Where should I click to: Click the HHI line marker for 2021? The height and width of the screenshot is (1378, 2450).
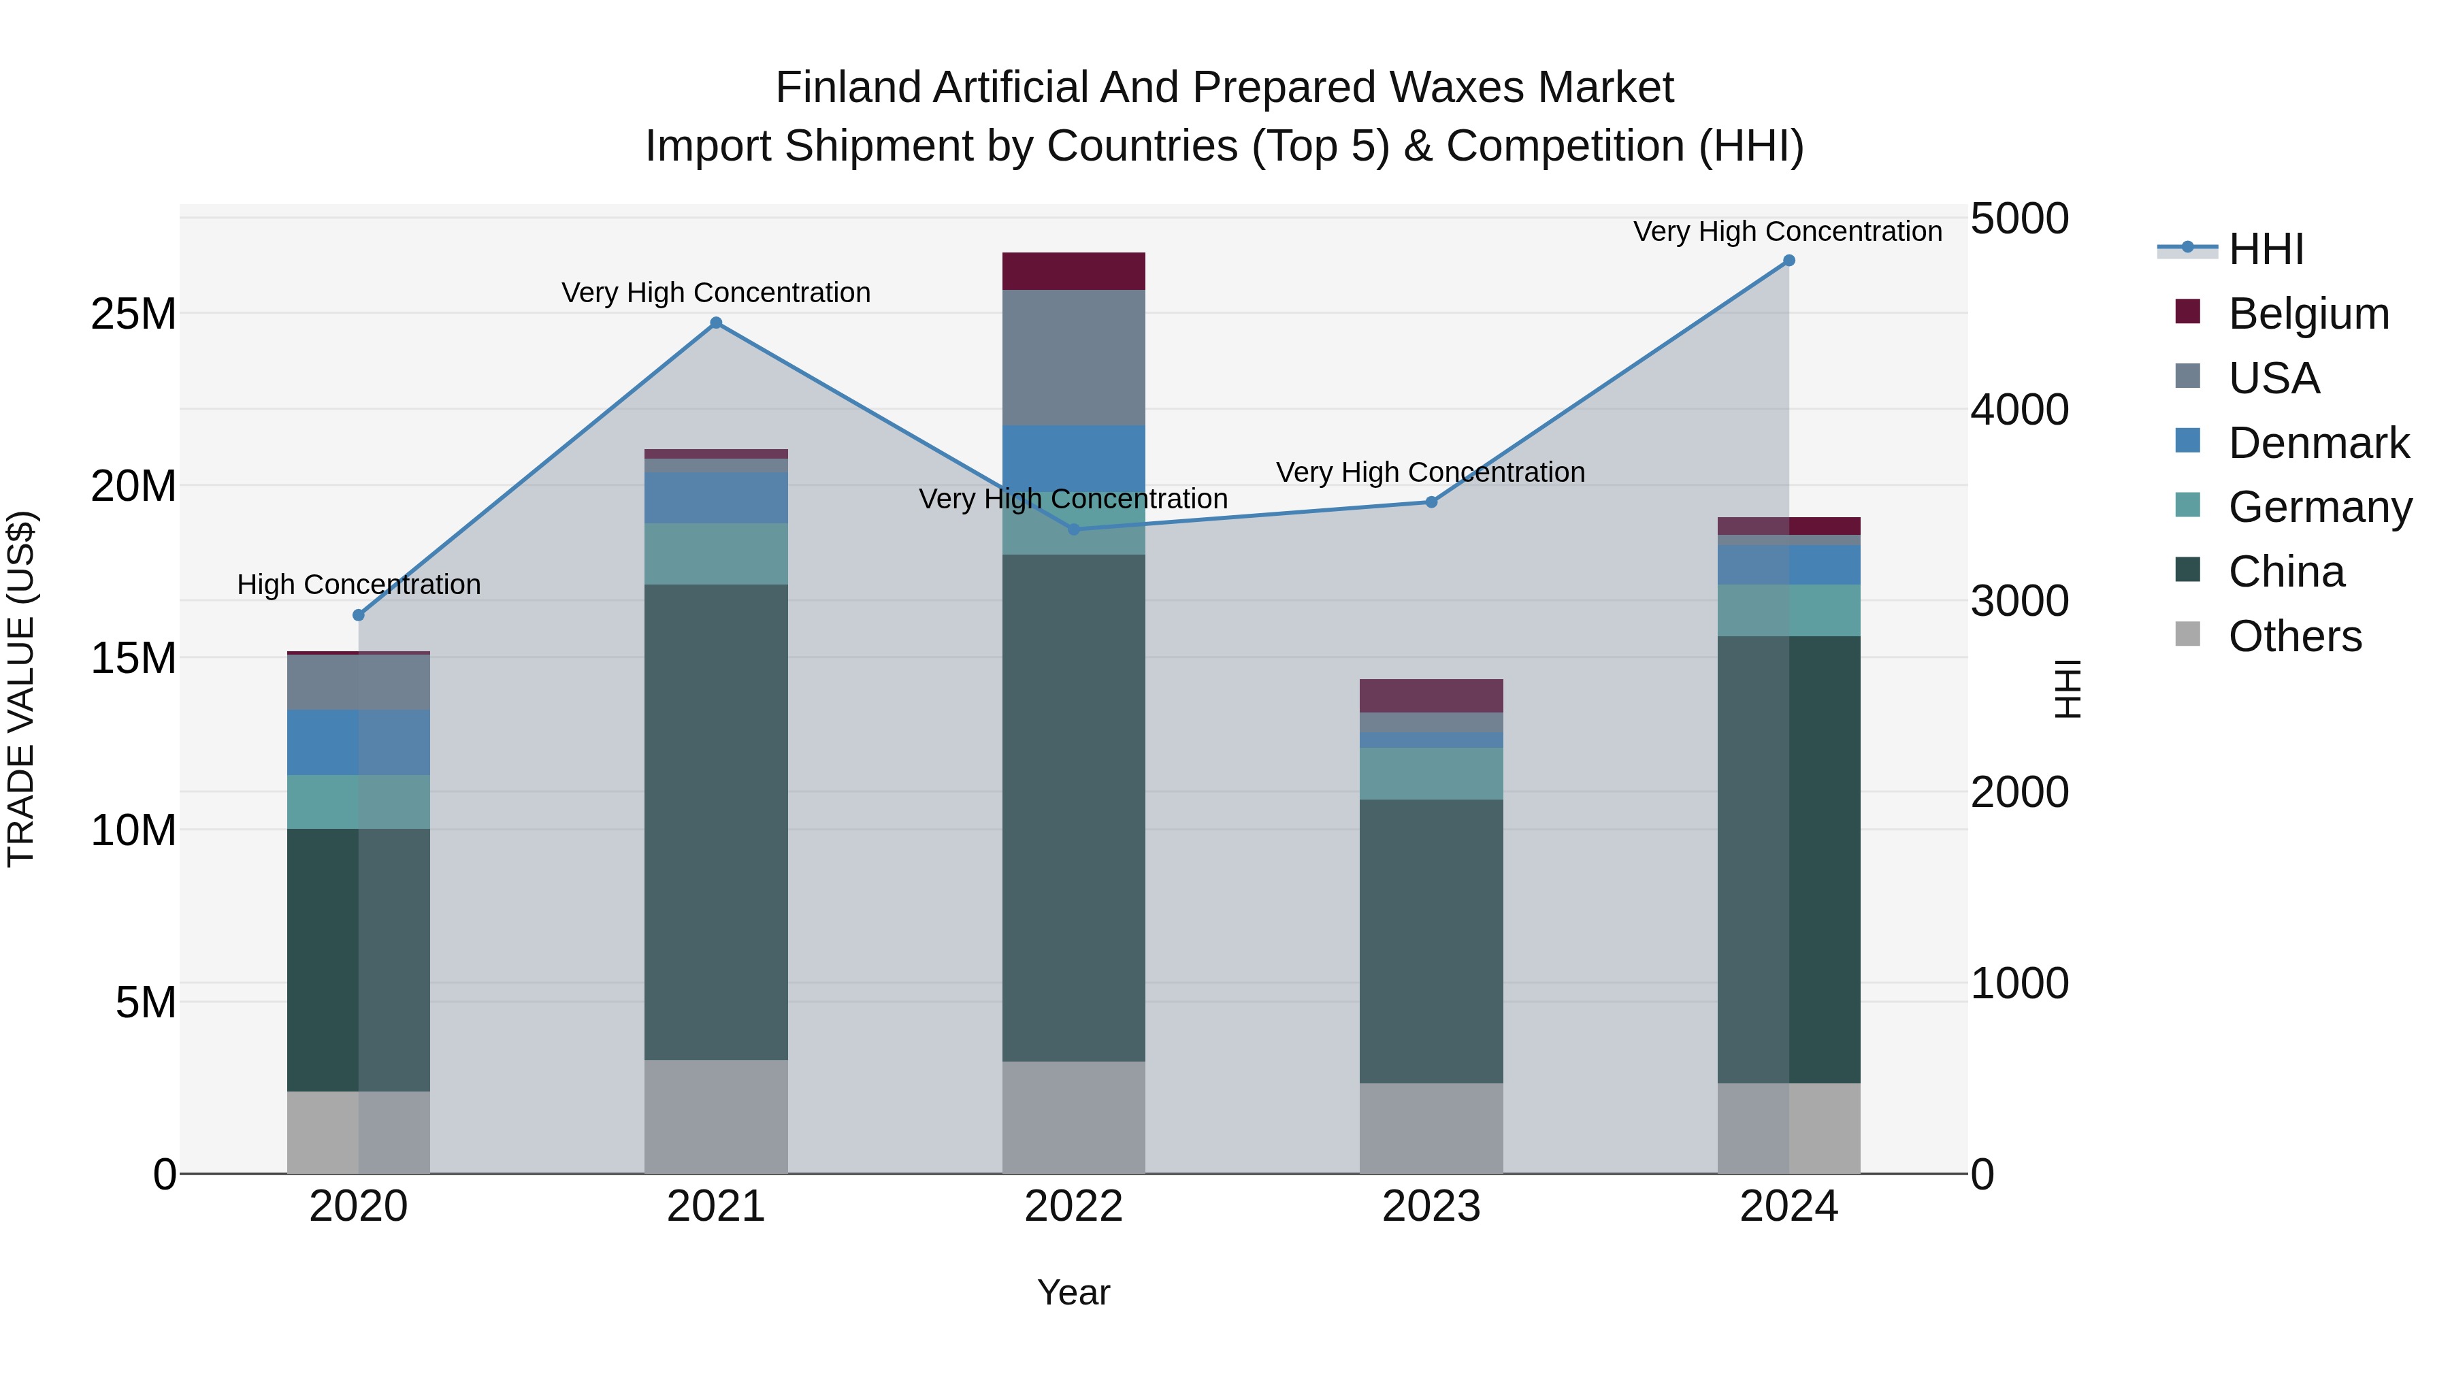716,323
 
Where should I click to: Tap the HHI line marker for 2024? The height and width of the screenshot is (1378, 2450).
1789,261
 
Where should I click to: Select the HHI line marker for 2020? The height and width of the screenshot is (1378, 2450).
359,615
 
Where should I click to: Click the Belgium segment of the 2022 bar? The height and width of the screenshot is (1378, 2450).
1074,271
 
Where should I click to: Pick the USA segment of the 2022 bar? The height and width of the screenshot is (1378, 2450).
1074,357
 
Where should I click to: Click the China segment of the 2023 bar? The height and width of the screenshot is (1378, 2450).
1431,942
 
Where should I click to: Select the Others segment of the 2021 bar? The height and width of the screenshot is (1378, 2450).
716,1117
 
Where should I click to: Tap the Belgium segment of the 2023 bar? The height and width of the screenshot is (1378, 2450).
1431,696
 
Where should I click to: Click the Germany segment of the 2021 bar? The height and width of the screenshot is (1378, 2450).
716,553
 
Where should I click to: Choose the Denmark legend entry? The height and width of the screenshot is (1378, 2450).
2318,443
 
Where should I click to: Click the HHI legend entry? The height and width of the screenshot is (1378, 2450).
2266,249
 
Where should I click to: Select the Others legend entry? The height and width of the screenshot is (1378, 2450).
2294,636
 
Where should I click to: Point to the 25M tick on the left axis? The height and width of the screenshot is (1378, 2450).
133,314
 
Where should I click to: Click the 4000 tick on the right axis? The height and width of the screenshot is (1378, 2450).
2019,410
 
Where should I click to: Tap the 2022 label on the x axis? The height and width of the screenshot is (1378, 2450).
1074,1207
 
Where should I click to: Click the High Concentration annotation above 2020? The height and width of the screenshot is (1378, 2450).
359,584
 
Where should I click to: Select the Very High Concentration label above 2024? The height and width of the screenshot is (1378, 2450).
1787,231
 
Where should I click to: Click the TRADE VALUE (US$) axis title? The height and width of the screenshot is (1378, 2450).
21,689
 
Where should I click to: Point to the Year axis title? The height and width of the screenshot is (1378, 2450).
1074,1292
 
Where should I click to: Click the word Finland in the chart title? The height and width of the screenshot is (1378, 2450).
849,88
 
